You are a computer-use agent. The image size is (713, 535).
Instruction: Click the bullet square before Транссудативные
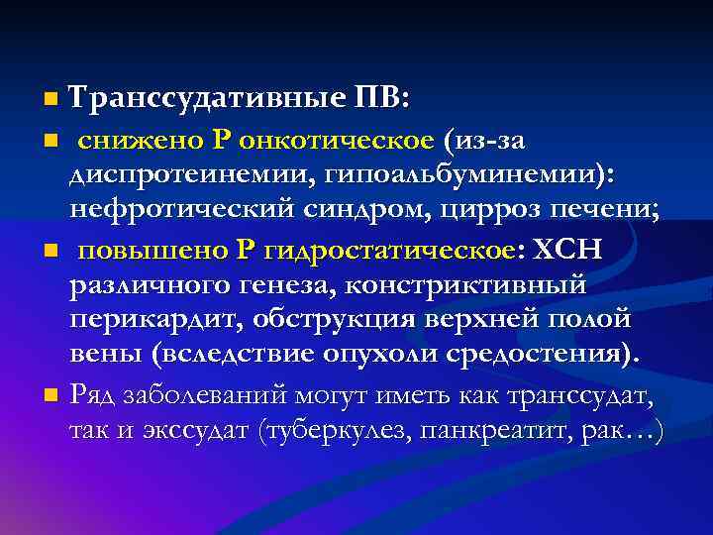pos(51,100)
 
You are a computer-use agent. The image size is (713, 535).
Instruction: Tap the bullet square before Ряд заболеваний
pos(51,396)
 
